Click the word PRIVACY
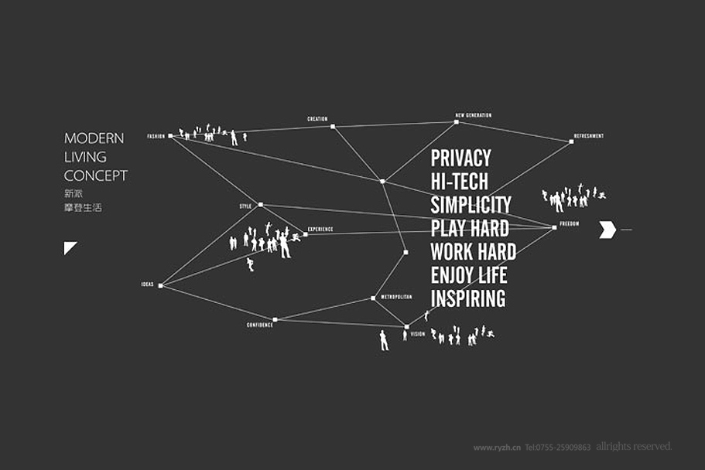click(460, 158)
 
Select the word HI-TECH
click(459, 182)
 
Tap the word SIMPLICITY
click(471, 205)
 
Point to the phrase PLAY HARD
click(470, 228)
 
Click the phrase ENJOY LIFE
click(468, 274)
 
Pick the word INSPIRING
click(467, 298)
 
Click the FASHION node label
click(156, 136)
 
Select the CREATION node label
click(317, 119)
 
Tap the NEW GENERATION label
click(473, 115)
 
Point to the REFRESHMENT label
click(588, 136)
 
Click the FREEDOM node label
click(569, 224)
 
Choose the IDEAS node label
click(147, 284)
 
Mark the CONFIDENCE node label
click(259, 325)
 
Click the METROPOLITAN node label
click(396, 297)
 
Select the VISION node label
click(418, 334)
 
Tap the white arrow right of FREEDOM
click(607, 230)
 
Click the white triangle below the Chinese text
click(69, 247)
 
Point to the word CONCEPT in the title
click(95, 175)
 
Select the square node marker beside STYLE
click(261, 205)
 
